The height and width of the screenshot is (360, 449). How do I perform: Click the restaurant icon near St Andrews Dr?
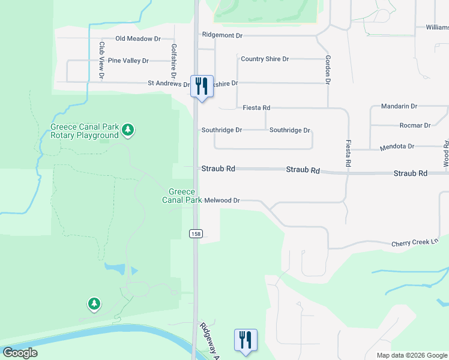(x=202, y=86)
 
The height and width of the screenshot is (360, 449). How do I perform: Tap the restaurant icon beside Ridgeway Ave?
(x=245, y=340)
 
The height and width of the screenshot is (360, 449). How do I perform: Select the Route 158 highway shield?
(x=196, y=233)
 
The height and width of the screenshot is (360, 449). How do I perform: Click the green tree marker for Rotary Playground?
(x=127, y=129)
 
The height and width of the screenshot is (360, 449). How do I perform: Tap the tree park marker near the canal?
(x=94, y=304)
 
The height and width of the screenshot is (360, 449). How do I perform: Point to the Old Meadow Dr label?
(x=138, y=38)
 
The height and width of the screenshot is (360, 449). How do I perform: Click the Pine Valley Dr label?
(x=128, y=61)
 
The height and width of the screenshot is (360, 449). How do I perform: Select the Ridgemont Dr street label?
(x=222, y=35)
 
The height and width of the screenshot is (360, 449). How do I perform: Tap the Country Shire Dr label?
(x=265, y=59)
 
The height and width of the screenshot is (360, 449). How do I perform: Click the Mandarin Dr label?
(x=399, y=106)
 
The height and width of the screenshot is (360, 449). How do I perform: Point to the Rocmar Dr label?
(x=415, y=125)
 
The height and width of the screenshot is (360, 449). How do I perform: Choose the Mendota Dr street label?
(x=397, y=146)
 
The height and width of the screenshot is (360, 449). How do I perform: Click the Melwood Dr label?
(x=221, y=200)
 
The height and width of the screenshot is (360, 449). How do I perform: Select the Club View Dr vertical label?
(x=102, y=60)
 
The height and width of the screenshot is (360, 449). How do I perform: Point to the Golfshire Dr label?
(x=174, y=59)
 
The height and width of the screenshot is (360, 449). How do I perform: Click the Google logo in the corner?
(x=20, y=352)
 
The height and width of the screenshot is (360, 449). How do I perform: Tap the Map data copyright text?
(x=412, y=355)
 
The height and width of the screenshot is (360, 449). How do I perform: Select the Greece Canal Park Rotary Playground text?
(x=84, y=131)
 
